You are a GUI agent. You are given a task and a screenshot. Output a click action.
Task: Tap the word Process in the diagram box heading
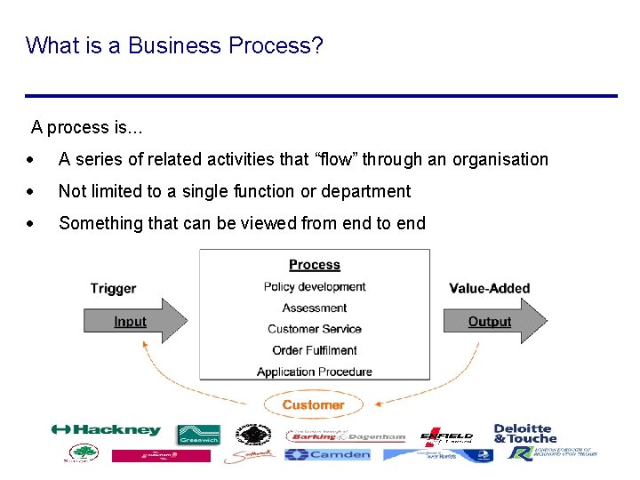[x=315, y=265]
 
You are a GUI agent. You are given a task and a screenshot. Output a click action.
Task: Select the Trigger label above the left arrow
[x=113, y=288]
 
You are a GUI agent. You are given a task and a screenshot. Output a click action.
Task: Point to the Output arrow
[x=493, y=322]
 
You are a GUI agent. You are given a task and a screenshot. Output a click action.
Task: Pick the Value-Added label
[x=489, y=288]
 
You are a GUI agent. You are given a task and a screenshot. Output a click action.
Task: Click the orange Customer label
[x=313, y=405]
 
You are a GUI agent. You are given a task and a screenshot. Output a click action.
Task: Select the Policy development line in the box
[x=315, y=286]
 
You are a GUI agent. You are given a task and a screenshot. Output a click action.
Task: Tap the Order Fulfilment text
[x=315, y=350]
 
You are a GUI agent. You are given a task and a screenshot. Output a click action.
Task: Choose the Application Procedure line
[x=315, y=372]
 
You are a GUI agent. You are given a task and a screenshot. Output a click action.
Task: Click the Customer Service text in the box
[x=315, y=329]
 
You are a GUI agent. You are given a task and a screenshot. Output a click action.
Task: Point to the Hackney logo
[x=106, y=430]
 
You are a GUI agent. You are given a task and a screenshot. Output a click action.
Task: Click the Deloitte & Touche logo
[x=524, y=433]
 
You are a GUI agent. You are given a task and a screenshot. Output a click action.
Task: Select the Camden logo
[x=327, y=454]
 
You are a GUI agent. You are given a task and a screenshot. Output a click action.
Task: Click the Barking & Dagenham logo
[x=346, y=436]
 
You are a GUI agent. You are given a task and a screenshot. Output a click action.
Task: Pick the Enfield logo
[x=446, y=436]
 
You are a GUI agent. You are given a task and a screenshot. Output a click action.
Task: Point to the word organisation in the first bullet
[x=500, y=160]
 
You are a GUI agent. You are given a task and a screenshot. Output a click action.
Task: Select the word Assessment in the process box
[x=315, y=308]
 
